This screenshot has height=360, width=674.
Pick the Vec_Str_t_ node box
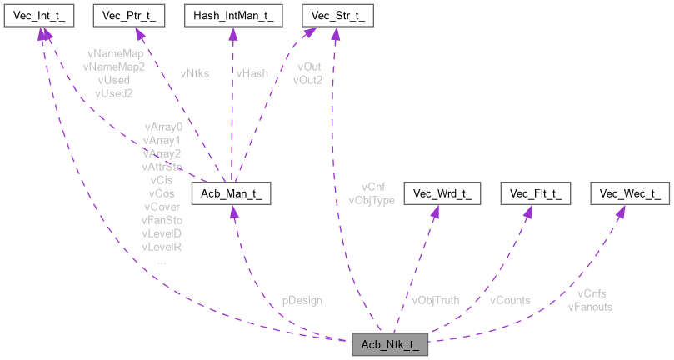click(x=337, y=15)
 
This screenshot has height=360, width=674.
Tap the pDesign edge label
click(x=302, y=299)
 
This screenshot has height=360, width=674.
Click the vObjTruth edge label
click(x=435, y=299)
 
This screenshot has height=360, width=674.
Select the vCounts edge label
click(x=510, y=299)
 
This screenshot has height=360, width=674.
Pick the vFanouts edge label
click(x=590, y=306)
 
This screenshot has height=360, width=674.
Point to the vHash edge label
click(x=252, y=73)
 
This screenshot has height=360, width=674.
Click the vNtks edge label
click(x=194, y=73)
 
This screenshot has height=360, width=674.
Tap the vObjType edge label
click(x=372, y=200)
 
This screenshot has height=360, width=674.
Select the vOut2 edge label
click(x=307, y=80)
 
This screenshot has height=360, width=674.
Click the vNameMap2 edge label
click(x=114, y=67)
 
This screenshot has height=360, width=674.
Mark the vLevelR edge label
click(x=162, y=247)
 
